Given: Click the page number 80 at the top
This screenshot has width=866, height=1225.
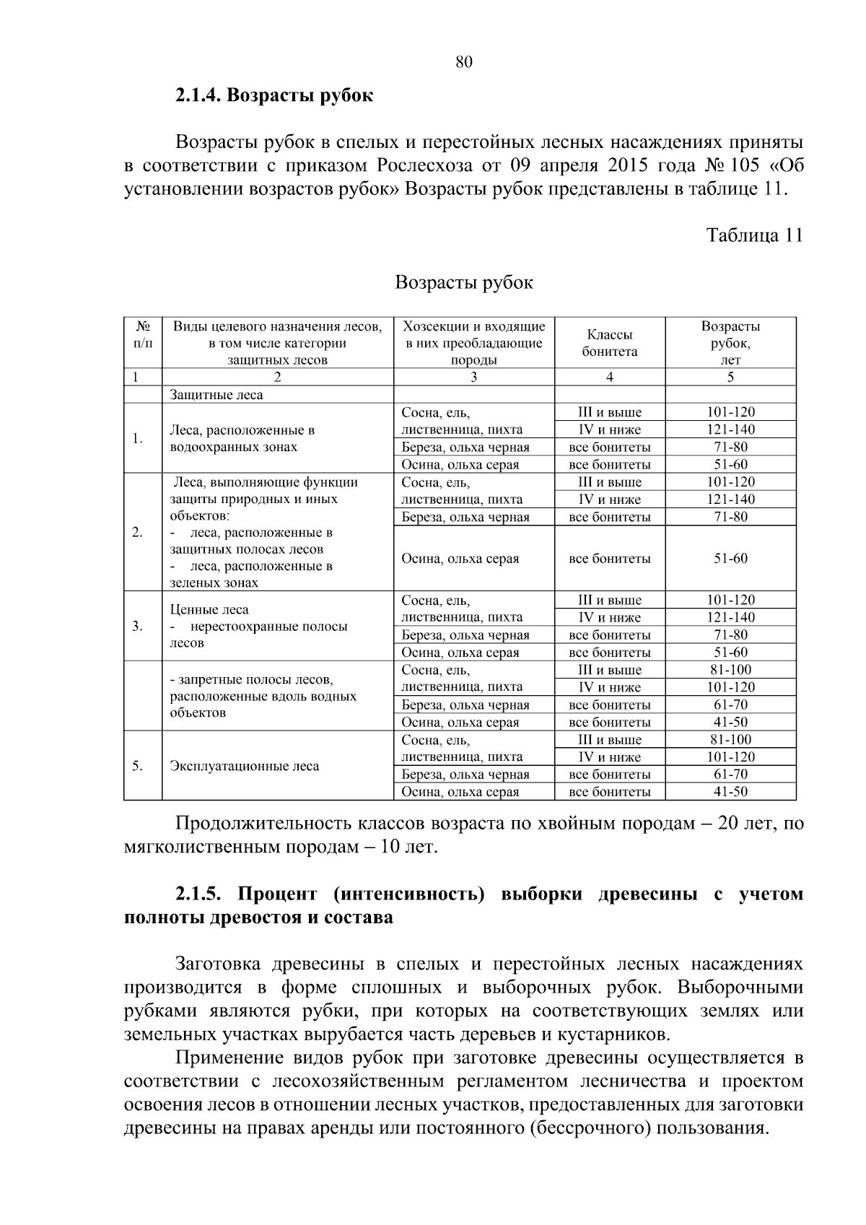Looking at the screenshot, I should (x=464, y=62).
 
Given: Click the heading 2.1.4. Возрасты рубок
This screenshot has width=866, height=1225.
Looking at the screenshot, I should (x=274, y=95).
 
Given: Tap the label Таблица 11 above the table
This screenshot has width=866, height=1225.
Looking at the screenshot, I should (x=754, y=235).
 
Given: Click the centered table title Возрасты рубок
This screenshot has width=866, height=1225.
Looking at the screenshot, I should (x=464, y=282).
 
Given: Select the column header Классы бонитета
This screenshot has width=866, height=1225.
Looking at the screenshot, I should (x=610, y=343).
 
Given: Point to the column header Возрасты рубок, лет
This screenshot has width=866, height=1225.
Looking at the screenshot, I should (x=730, y=343).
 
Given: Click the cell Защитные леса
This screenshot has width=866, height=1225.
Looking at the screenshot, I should (x=216, y=395).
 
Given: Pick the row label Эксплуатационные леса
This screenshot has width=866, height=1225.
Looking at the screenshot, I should (x=244, y=766).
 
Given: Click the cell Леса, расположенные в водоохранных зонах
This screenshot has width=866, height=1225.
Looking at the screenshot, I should (x=242, y=438).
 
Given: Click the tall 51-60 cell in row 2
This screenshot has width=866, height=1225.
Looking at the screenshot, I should (x=730, y=559).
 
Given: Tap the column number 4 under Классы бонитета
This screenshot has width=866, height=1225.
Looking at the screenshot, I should (x=610, y=377).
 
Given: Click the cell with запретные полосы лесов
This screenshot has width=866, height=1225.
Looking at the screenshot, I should (x=263, y=697).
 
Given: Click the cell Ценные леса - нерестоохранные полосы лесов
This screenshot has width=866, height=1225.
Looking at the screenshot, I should (x=258, y=626).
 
